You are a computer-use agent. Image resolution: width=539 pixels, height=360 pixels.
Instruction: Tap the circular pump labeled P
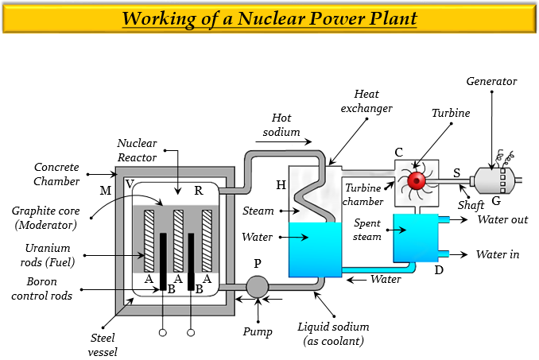[x=258, y=286]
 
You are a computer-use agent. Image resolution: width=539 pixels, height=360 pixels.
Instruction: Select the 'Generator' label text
[x=492, y=81]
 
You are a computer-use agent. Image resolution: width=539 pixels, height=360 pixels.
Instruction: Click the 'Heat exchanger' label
[x=373, y=101]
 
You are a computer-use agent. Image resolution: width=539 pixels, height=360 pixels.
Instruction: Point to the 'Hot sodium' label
[x=286, y=125]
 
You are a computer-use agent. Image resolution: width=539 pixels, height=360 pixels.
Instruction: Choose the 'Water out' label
[x=502, y=219]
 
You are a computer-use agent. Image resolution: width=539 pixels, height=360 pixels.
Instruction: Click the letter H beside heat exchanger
[x=281, y=184]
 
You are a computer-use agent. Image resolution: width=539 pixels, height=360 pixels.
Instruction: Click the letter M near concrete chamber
[x=106, y=190]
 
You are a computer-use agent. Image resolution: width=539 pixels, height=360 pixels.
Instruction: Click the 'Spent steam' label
[x=367, y=230]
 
